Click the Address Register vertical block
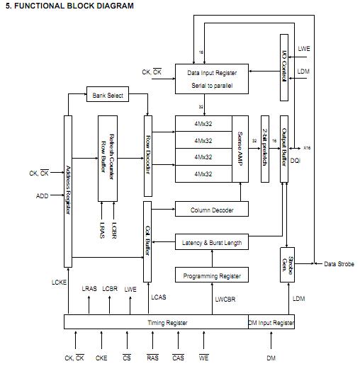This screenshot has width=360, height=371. pos(68,191)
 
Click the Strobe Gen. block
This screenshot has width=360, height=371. pos(286,265)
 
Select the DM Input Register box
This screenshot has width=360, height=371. pos(271,322)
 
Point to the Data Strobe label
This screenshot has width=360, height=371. pos(339,264)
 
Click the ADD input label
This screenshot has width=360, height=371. pos(42,196)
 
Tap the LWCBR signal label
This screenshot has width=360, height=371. pos(226,299)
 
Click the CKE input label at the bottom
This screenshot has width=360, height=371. pos(101,358)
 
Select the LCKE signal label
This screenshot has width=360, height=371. pos(60,282)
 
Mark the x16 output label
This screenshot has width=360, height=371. pos(307,148)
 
